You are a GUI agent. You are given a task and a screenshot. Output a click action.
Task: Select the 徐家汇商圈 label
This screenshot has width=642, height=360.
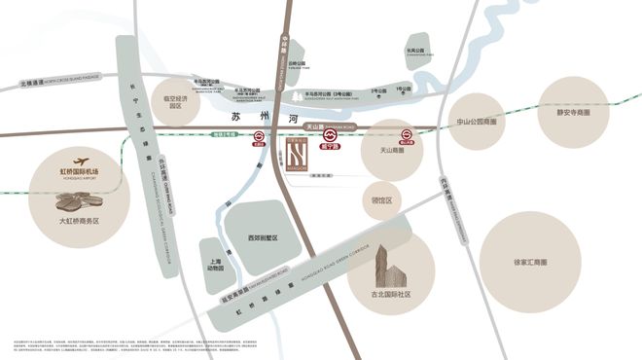[529, 262]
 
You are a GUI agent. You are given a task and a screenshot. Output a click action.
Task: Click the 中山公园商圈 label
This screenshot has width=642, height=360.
[478, 124]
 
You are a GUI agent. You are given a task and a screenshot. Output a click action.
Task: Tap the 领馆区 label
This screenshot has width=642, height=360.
[382, 200]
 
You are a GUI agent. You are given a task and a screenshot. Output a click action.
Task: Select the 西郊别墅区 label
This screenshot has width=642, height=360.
[263, 237]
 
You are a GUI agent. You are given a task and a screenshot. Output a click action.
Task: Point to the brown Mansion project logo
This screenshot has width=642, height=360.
[298, 154]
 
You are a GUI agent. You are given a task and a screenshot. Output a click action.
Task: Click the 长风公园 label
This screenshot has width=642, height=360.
[415, 50]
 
